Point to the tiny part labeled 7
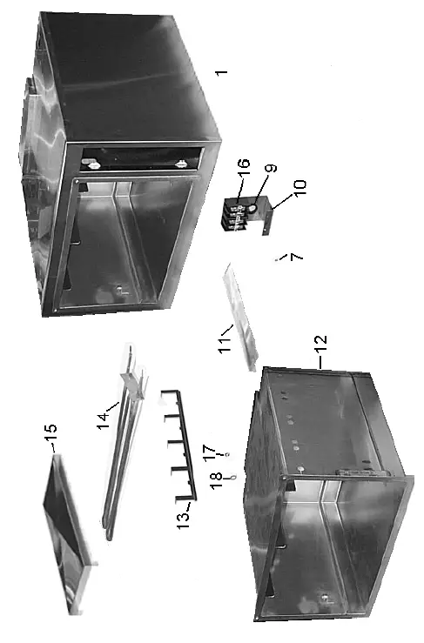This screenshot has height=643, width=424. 278,258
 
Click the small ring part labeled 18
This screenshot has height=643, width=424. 232,477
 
